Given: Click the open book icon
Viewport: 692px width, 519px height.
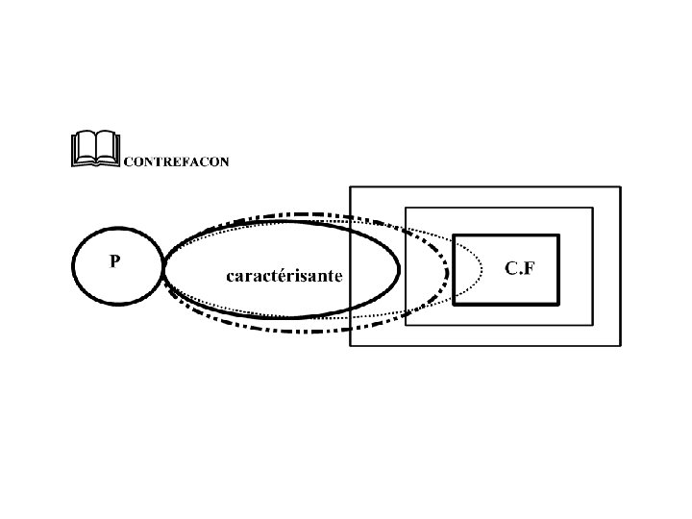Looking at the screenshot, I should tap(95, 149).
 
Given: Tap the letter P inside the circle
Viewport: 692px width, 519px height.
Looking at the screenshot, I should tap(114, 261).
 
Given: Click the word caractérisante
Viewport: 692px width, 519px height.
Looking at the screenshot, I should tap(284, 276).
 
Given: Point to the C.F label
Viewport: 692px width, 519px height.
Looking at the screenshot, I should tap(520, 268).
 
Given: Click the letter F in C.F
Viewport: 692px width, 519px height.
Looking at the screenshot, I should tap(530, 268).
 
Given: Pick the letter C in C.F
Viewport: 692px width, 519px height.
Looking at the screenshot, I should tap(511, 268).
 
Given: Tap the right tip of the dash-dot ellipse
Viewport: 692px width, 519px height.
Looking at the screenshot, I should tap(448, 273).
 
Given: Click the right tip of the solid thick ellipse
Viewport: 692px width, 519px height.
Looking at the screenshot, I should tap(400, 270).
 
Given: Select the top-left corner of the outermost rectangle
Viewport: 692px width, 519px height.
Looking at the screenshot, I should tap(349, 186).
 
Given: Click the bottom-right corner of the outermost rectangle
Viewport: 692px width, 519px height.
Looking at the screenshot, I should tap(621, 346).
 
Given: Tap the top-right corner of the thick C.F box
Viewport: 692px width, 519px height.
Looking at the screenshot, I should tap(558, 235).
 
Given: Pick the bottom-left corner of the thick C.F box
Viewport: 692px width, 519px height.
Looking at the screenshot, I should tap(454, 305).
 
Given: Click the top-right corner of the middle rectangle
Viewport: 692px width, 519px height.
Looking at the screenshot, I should tap(593, 208).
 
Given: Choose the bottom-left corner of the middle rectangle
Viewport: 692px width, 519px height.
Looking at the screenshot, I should tap(406, 325).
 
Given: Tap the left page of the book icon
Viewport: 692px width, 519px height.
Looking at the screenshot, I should tap(84, 149).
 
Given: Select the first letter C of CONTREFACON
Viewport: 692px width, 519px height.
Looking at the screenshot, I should tap(129, 162).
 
